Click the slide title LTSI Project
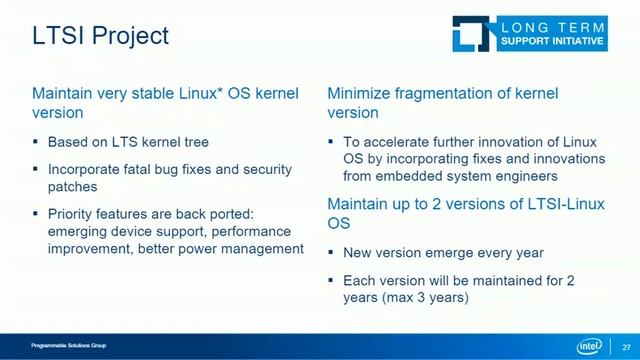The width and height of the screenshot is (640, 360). coord(100,36)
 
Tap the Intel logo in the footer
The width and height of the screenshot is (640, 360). coord(591,346)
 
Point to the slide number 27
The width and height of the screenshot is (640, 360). coord(626,346)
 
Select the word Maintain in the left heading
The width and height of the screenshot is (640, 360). coord(63,93)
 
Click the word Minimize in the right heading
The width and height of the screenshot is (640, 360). coord(360,93)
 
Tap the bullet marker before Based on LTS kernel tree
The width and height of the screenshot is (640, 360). coord(36,143)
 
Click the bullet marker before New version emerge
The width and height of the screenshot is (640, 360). coord(332,253)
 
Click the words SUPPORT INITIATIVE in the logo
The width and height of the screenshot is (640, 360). coord(551,42)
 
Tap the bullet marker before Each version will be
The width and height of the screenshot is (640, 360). coord(332,281)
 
